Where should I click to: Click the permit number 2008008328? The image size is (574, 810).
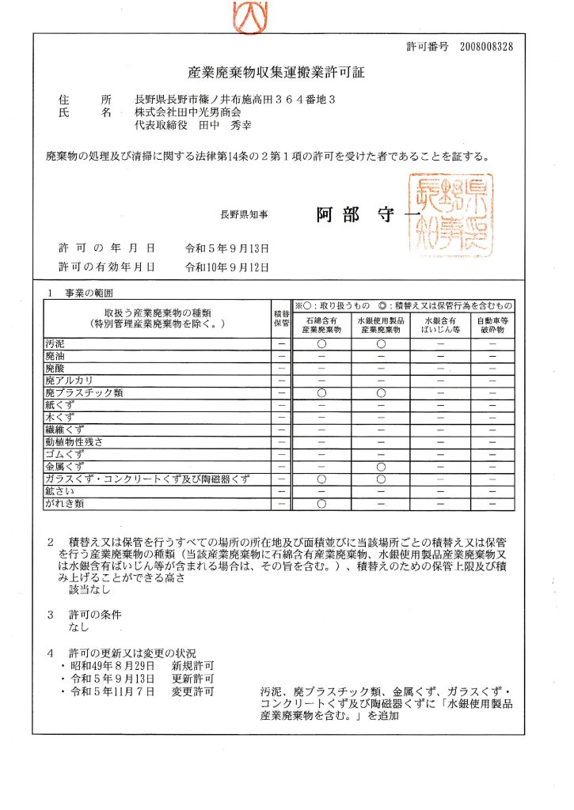point(485,47)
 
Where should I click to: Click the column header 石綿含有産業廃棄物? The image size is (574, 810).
point(321,325)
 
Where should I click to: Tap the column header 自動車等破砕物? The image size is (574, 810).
point(492,325)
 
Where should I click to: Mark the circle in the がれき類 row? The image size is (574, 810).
point(321,503)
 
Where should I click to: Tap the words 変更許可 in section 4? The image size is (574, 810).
point(192,692)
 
